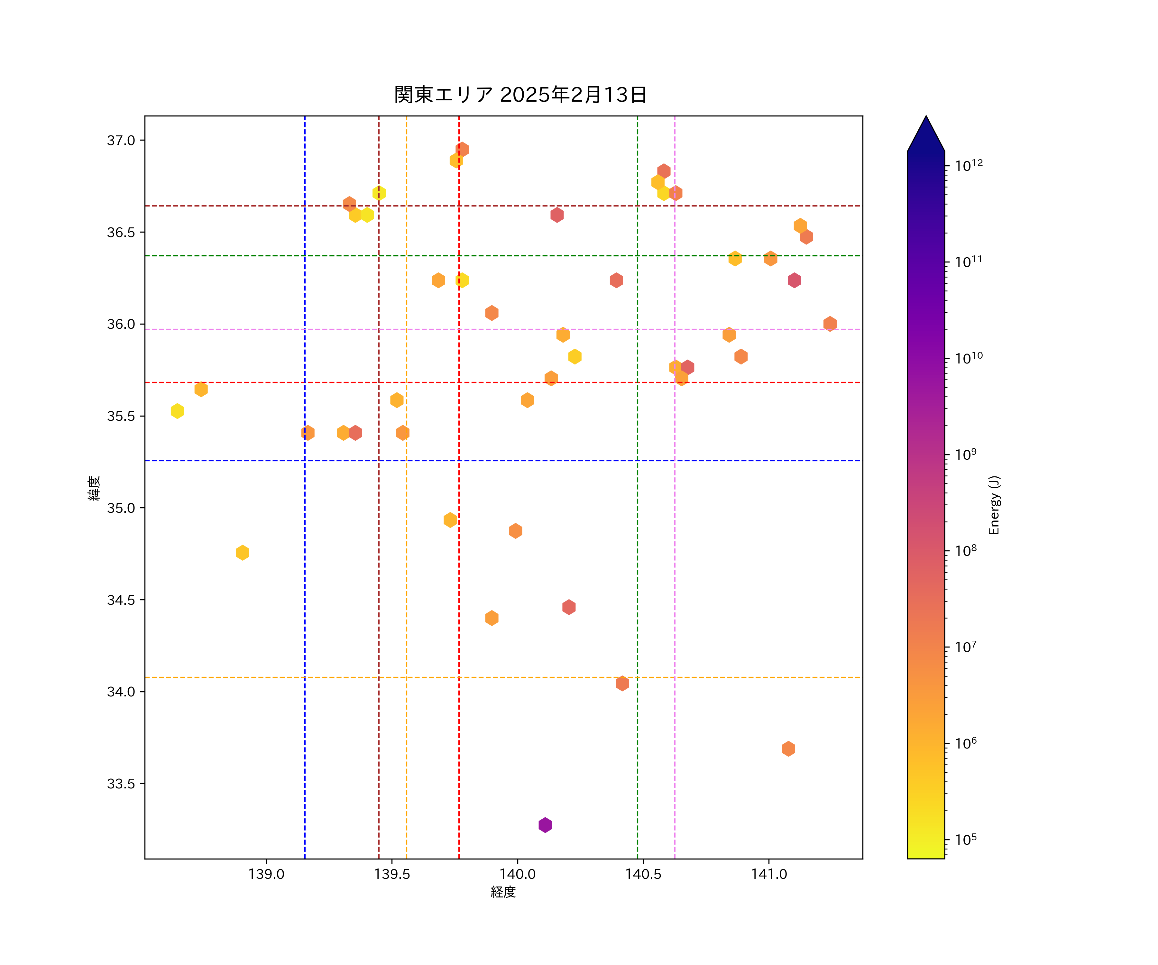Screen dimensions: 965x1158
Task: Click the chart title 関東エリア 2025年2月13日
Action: pos(520,95)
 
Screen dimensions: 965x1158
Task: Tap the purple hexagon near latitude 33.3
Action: pos(545,825)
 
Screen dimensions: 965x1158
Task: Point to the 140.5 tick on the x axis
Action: pos(643,874)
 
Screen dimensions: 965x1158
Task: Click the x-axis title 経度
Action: pos(503,892)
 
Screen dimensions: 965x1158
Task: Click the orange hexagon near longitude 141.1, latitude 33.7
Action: pos(788,749)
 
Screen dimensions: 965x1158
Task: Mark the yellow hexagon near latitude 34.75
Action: pos(243,553)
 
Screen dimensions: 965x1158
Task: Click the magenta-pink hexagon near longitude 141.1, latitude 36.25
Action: pos(794,280)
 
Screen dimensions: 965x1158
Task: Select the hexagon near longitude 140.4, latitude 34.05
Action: pos(622,683)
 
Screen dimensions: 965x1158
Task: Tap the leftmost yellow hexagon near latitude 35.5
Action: pos(177,411)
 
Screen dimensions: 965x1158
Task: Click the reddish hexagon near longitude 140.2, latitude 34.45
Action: pos(569,607)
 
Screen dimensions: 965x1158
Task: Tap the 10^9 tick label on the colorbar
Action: pos(966,455)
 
